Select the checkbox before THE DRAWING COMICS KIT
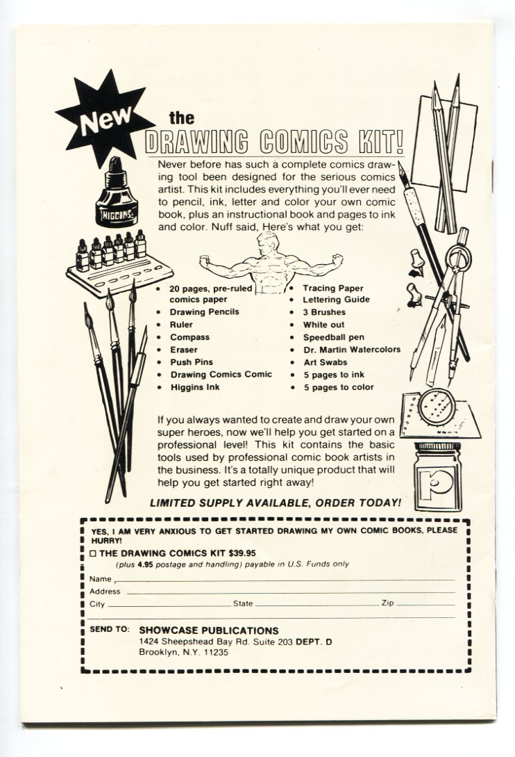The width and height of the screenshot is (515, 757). click(94, 553)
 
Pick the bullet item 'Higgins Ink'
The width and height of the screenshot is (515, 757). click(194, 387)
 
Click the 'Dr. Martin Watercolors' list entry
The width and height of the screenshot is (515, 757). click(351, 350)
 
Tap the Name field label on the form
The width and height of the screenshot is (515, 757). click(101, 578)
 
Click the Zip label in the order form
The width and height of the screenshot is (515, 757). click(387, 603)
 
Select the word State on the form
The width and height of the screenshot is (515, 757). click(243, 603)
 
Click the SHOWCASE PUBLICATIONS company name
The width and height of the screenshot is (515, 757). click(208, 630)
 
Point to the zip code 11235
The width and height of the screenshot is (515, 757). click(215, 653)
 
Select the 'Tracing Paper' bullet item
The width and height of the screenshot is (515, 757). click(332, 288)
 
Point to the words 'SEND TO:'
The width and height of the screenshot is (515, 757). click(110, 629)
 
